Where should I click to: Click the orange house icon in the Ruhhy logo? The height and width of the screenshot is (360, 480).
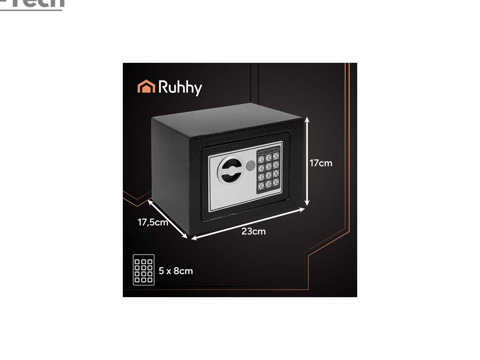[146, 87]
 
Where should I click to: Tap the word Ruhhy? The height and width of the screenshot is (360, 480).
[180, 88]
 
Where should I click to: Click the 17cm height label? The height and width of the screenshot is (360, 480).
[321, 163]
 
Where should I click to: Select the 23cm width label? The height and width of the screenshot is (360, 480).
[254, 232]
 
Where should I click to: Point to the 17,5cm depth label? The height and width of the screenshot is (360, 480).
[152, 223]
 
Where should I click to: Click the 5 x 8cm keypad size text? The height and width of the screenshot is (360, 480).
[176, 271]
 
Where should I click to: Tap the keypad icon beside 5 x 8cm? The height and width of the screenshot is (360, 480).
[143, 270]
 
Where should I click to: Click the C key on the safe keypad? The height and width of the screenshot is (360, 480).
[261, 186]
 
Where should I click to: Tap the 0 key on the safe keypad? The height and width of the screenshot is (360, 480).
[269, 183]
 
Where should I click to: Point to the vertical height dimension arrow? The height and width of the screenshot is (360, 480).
[307, 162]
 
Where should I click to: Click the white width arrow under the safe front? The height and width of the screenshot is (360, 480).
[248, 224]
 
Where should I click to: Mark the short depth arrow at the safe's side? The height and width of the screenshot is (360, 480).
[168, 219]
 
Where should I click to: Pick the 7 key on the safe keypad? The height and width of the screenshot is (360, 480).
[261, 177]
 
